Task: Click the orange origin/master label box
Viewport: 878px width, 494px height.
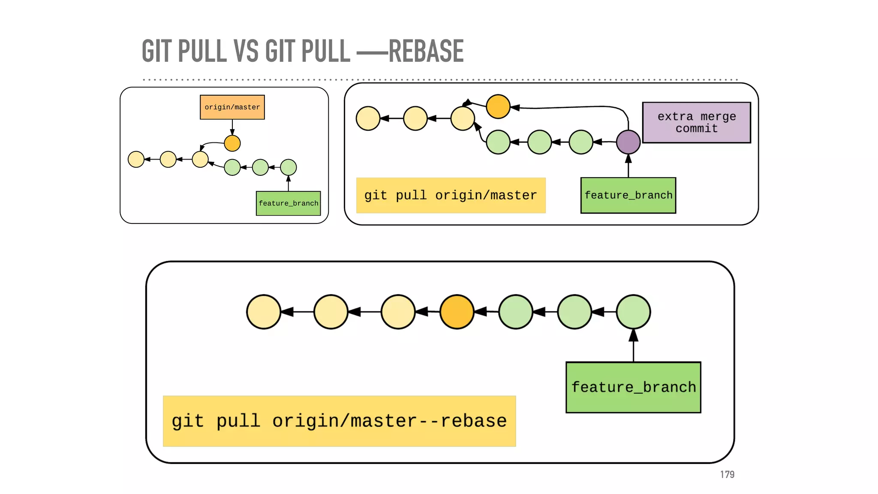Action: [232, 107]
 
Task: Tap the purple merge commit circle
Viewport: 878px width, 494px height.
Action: [628, 142]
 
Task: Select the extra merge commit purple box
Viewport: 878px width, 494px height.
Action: [696, 123]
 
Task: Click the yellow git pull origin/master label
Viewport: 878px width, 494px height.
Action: [451, 196]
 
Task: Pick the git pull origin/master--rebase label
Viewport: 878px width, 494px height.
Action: [339, 421]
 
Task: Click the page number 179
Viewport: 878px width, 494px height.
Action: [727, 474]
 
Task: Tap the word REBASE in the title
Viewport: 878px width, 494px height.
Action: [426, 51]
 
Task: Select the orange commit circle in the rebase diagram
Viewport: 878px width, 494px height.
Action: [457, 312]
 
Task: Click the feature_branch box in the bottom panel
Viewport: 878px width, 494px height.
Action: [633, 387]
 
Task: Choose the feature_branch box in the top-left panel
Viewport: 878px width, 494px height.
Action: [288, 203]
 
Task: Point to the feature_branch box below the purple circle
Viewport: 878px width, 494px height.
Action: [628, 196]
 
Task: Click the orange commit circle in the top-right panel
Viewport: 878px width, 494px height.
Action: [498, 106]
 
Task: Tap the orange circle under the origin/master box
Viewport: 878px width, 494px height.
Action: [232, 143]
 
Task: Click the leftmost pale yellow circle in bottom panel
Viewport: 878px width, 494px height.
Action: [263, 312]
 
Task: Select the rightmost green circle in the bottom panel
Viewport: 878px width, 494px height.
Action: [633, 312]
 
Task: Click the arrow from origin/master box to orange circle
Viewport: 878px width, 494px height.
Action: [232, 127]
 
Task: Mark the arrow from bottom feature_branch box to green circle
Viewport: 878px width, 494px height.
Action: [633, 346]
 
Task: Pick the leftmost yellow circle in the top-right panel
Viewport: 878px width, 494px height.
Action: [368, 118]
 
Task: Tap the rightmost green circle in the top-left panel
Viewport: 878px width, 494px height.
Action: [288, 167]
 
